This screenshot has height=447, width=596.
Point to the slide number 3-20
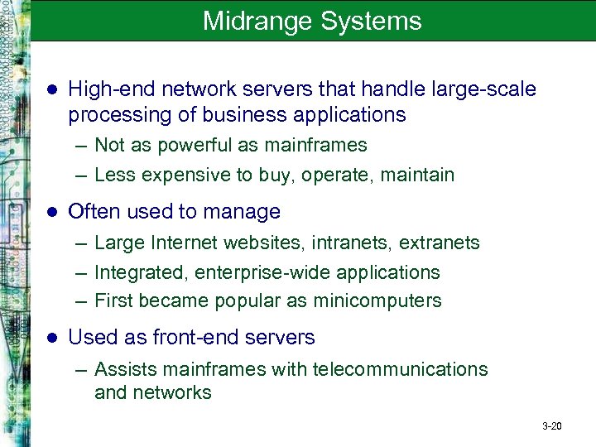click(551, 426)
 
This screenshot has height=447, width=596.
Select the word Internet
click(180, 243)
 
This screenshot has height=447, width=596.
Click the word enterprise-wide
click(253, 272)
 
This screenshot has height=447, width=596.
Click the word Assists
click(122, 369)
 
